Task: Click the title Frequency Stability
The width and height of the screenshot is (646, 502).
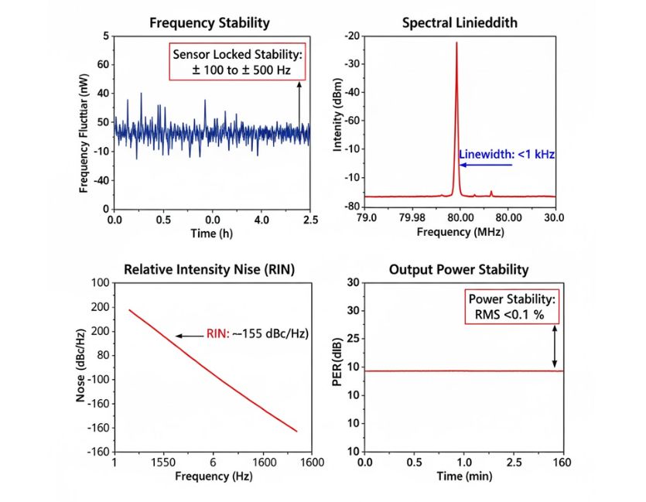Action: (x=209, y=22)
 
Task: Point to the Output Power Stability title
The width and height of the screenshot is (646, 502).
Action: (x=460, y=269)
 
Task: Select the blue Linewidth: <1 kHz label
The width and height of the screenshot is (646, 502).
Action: (x=508, y=155)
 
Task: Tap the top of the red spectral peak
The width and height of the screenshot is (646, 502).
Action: (x=456, y=43)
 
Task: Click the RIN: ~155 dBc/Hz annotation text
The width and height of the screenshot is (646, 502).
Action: (x=258, y=334)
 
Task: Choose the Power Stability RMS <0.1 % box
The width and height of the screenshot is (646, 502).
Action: (x=511, y=306)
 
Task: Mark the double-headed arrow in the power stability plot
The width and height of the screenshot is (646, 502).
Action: (x=554, y=346)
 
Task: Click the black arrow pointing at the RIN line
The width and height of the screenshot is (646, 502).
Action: (x=189, y=335)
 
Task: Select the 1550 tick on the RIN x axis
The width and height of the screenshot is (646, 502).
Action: (x=165, y=462)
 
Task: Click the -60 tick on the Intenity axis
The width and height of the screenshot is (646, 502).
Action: (x=352, y=121)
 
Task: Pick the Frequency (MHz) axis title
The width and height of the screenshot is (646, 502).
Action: (x=460, y=231)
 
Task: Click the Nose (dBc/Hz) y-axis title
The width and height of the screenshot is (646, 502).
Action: (x=81, y=367)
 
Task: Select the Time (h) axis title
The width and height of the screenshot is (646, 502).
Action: (x=212, y=231)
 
